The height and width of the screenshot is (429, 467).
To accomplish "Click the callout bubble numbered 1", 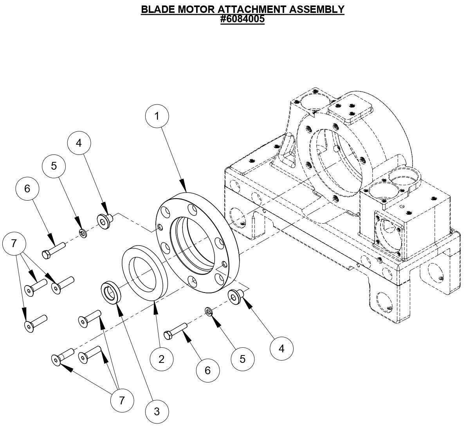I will (157, 116).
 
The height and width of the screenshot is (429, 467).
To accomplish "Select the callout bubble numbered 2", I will (161, 359).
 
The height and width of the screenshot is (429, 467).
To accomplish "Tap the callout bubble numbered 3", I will (157, 411).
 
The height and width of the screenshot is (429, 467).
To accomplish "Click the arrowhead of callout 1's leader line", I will (183, 185).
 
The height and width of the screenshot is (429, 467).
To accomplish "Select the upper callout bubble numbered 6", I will (27, 188).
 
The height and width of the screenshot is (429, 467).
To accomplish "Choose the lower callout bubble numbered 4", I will (282, 348).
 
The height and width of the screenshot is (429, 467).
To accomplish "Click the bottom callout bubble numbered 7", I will (122, 400).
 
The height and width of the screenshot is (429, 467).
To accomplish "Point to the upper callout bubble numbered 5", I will (54, 166).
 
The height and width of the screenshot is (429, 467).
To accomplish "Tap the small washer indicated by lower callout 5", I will (209, 311).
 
